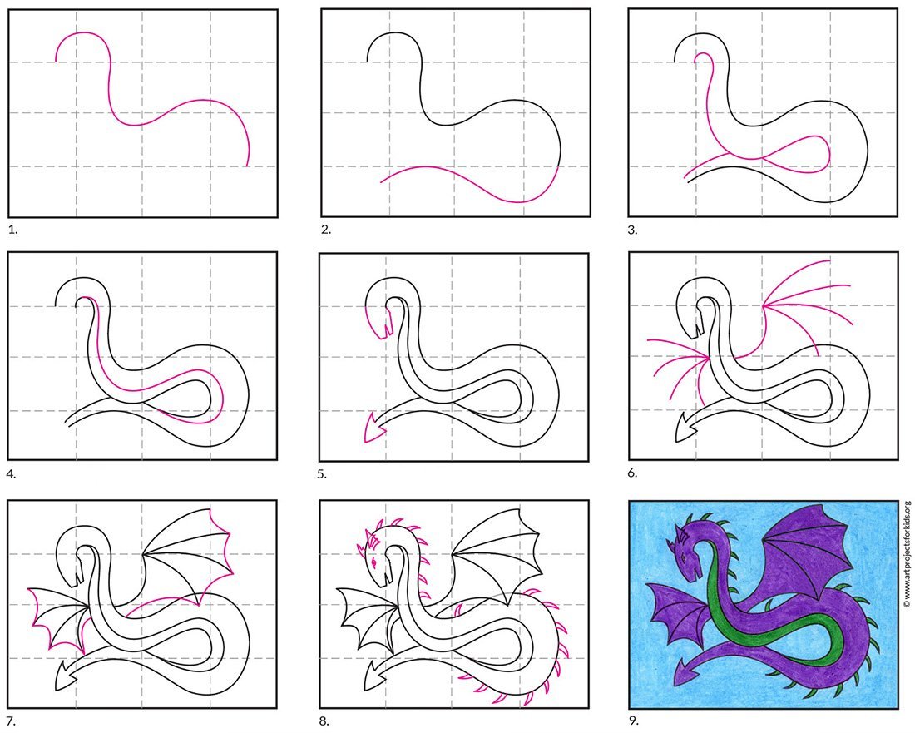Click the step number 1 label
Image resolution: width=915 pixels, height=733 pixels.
[12, 230]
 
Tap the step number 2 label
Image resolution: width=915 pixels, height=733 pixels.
[325, 230]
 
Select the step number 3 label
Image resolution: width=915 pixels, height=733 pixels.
[632, 230]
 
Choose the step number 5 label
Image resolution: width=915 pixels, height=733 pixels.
[322, 474]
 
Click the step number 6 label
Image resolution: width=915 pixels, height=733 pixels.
[632, 473]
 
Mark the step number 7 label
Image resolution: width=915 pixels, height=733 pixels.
[12, 722]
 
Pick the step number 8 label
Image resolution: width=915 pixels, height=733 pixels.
[324, 722]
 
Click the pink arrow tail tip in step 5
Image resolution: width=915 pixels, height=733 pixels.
[364, 441]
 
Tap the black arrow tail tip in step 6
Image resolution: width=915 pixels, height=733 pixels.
[675, 441]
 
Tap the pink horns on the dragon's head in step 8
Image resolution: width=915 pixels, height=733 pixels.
[368, 540]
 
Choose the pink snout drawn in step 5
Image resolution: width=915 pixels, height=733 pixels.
[378, 322]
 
